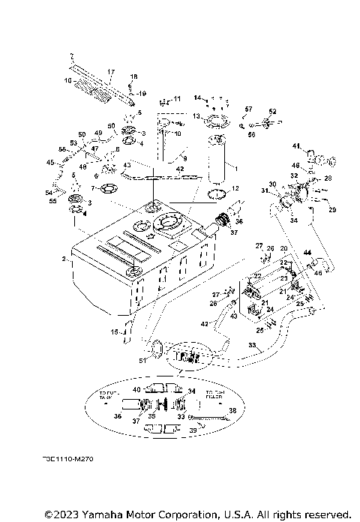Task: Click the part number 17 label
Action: (110, 73)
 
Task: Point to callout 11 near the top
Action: (177, 99)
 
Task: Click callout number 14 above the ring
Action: (198, 98)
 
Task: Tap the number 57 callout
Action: (248, 109)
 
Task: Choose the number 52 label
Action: (273, 111)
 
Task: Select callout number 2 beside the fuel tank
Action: (64, 258)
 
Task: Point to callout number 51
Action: (143, 360)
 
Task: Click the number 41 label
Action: (296, 145)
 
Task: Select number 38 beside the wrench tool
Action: (232, 410)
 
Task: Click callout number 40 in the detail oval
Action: (136, 389)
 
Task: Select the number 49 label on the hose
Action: (98, 133)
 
